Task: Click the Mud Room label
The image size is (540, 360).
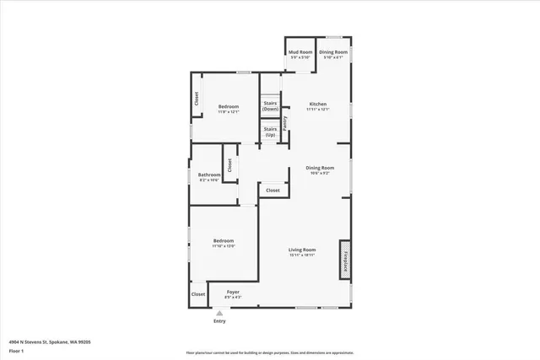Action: [x=300, y=52]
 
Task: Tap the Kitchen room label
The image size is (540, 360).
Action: [x=317, y=105]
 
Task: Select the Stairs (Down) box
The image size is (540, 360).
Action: [x=270, y=106]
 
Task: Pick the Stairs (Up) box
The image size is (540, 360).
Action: [x=270, y=132]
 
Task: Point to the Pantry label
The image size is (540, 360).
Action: [x=285, y=121]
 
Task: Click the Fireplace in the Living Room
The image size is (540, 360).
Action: [x=344, y=259]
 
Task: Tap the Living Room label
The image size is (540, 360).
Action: [x=302, y=250]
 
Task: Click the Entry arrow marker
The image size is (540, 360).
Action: [x=219, y=312]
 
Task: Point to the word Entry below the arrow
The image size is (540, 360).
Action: [x=219, y=320]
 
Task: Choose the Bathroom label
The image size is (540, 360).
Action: [x=209, y=175]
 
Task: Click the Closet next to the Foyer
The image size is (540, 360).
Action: [x=198, y=294]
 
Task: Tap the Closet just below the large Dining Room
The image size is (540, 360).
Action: [x=273, y=191]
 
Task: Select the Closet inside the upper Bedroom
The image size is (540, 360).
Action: [x=197, y=99]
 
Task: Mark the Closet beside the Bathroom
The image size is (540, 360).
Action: [x=229, y=164]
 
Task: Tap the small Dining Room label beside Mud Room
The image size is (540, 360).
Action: [x=333, y=52]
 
